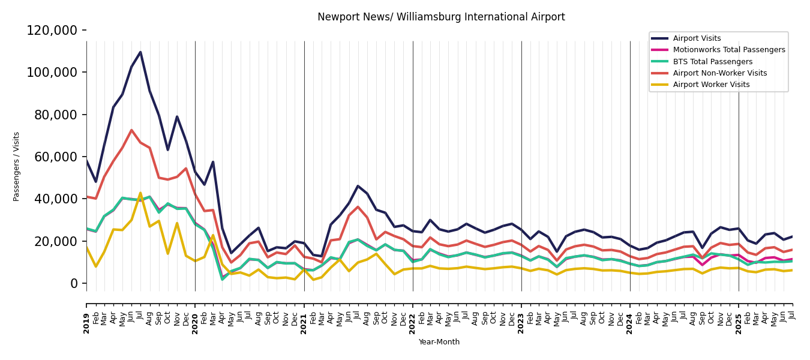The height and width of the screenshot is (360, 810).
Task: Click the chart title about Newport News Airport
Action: [x=441, y=17]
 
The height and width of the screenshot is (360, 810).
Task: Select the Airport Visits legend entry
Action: [x=697, y=38]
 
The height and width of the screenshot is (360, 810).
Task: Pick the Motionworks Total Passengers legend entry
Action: [x=728, y=50]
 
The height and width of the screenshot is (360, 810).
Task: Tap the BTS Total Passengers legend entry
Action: [x=712, y=62]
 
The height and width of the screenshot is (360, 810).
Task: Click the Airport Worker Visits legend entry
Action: [x=711, y=85]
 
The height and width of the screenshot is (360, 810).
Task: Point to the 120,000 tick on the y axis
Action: [x=52, y=31]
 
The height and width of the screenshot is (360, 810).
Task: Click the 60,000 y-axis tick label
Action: [x=56, y=157]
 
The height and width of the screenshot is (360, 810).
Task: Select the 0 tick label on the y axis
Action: [x=74, y=284]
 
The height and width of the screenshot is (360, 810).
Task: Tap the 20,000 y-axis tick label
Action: [x=56, y=241]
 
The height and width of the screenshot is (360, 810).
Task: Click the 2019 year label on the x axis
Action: [x=86, y=323]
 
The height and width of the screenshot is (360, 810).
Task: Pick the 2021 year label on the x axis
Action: [x=304, y=323]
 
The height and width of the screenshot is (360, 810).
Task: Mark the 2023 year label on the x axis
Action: [x=521, y=323]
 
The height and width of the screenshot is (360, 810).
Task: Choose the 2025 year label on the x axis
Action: [x=739, y=323]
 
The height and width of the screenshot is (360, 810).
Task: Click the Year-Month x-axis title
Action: [x=439, y=342]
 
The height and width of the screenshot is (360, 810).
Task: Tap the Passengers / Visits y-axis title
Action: [x=17, y=166]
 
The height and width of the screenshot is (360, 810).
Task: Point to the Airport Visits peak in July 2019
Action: [x=140, y=52]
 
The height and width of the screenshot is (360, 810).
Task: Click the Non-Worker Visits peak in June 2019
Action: [x=131, y=130]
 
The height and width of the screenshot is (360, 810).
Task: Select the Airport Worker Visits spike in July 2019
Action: [x=140, y=193]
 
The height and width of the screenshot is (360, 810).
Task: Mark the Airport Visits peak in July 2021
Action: [x=358, y=186]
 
